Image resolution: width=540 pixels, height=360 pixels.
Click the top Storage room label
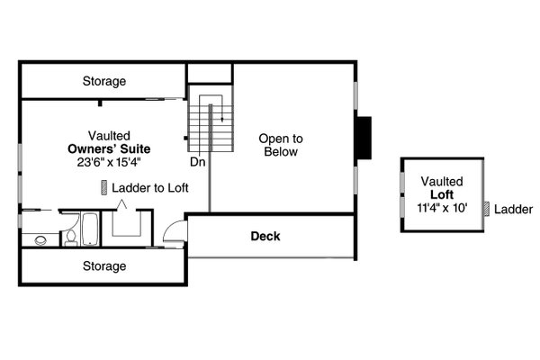104,82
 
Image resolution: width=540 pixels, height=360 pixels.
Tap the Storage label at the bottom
104,266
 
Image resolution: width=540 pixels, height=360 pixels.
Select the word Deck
265,237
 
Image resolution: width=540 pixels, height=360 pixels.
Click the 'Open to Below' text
281,146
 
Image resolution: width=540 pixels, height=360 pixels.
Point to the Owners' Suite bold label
109,148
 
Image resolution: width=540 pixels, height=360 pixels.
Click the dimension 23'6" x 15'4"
109,163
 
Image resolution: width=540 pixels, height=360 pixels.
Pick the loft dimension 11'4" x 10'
441,209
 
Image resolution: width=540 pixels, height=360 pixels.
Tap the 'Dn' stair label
197,164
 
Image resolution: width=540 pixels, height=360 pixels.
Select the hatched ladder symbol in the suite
104,187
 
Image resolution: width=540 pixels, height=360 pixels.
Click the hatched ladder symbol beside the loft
486,209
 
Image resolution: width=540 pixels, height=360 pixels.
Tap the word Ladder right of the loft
514,209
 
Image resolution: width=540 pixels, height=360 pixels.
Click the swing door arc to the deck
178,231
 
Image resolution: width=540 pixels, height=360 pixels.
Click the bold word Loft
441,195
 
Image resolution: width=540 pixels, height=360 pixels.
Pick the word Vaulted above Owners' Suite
109,134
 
